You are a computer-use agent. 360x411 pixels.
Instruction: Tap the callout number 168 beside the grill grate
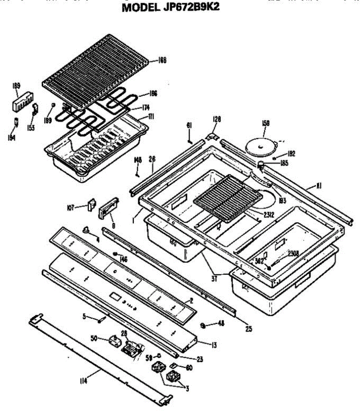pyautogui.click(x=162, y=61)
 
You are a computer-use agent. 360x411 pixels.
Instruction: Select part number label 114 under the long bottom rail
pyautogui.click(x=83, y=381)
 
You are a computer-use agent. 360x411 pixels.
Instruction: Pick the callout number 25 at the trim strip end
pyautogui.click(x=248, y=329)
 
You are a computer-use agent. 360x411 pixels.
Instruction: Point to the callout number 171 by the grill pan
pyautogui.click(x=151, y=117)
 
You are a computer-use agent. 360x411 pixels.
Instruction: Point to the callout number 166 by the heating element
pyautogui.click(x=153, y=94)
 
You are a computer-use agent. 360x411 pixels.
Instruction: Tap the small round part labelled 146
pyautogui.click(x=115, y=254)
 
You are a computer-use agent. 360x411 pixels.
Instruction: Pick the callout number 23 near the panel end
pyautogui.click(x=200, y=359)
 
